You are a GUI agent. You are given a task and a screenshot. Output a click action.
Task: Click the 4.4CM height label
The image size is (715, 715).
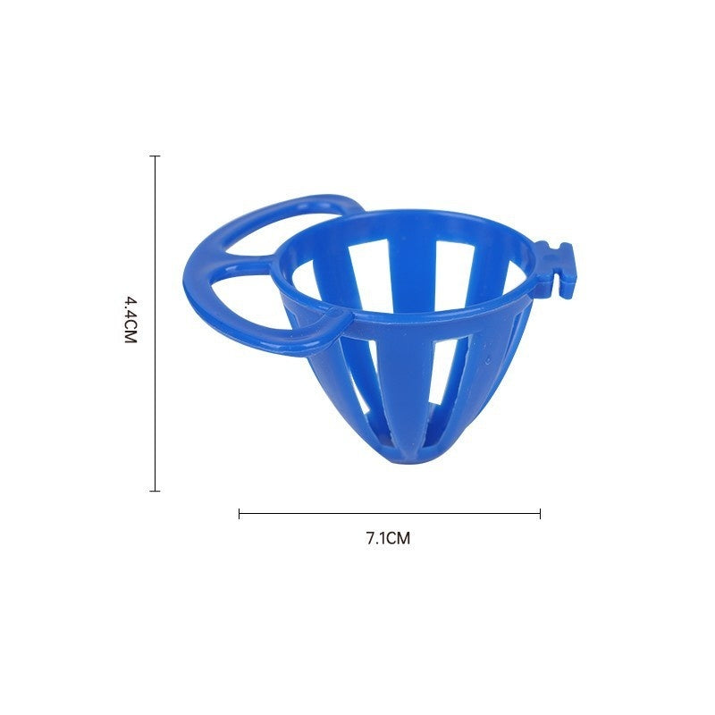130,321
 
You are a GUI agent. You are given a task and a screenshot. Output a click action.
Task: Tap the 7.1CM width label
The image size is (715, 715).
388,538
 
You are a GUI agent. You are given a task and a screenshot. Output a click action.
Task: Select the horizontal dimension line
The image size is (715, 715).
389,513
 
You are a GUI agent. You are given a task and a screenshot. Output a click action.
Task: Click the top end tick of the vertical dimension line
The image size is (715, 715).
156,156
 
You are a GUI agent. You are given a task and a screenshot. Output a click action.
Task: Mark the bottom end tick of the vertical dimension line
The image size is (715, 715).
156,491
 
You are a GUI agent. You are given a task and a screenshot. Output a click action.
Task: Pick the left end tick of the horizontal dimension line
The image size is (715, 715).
240,513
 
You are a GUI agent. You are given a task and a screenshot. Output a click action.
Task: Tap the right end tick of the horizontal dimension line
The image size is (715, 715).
540,513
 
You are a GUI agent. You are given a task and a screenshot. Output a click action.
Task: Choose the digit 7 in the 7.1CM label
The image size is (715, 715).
370,538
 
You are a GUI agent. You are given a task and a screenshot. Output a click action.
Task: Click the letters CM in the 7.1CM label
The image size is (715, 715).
399,538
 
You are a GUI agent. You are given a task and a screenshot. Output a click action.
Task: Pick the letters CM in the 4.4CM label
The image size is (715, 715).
130,332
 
